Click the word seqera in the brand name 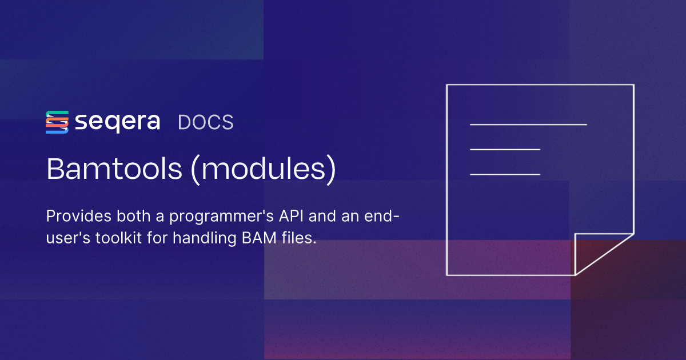point(117,122)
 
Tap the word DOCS point(206,122)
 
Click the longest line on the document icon point(528,124)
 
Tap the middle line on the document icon point(505,150)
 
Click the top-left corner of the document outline point(446,85)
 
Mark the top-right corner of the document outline point(633,85)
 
